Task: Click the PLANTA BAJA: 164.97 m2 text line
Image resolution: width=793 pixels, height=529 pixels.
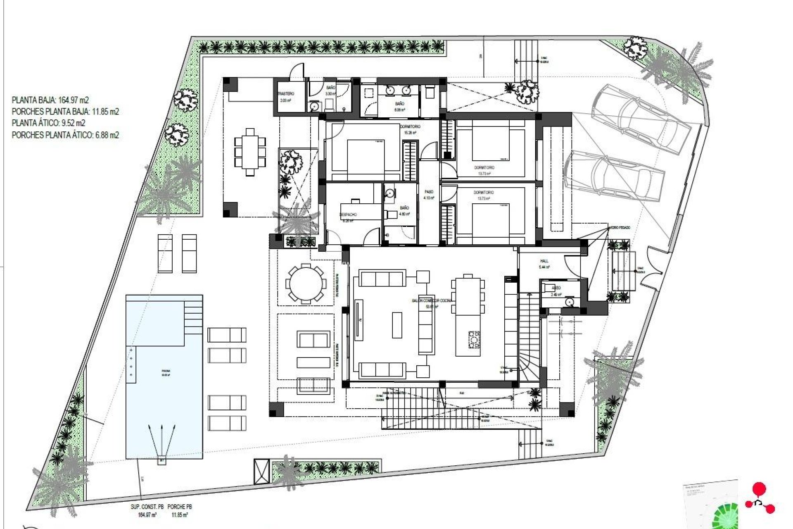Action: pyautogui.click(x=50, y=100)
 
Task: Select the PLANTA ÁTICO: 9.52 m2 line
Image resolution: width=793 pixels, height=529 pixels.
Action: pyautogui.click(x=49, y=123)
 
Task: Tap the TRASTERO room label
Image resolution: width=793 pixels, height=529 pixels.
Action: pyautogui.click(x=286, y=94)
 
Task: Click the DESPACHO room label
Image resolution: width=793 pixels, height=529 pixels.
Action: pyautogui.click(x=348, y=214)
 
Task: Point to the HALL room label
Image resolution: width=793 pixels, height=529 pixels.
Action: pyautogui.click(x=544, y=261)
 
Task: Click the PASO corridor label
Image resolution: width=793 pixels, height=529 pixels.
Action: pyautogui.click(x=429, y=192)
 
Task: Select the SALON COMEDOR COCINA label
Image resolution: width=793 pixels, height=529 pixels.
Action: pyautogui.click(x=432, y=300)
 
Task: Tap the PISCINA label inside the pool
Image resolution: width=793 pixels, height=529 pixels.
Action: pyautogui.click(x=166, y=372)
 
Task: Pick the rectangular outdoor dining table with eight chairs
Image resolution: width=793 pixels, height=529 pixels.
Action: pyautogui.click(x=250, y=152)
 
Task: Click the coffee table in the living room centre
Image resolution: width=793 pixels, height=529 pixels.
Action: pyautogui.click(x=397, y=325)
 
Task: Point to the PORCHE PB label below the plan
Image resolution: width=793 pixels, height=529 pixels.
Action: pyautogui.click(x=180, y=506)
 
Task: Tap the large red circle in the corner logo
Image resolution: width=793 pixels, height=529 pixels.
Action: pyautogui.click(x=759, y=489)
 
